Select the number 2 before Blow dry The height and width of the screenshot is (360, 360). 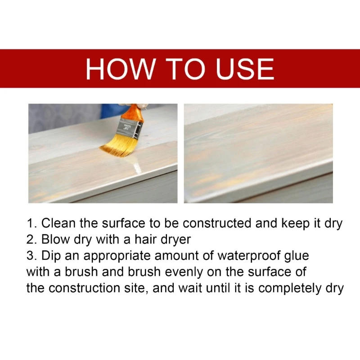pos(30,240)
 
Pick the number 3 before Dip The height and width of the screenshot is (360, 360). pos(30,256)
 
